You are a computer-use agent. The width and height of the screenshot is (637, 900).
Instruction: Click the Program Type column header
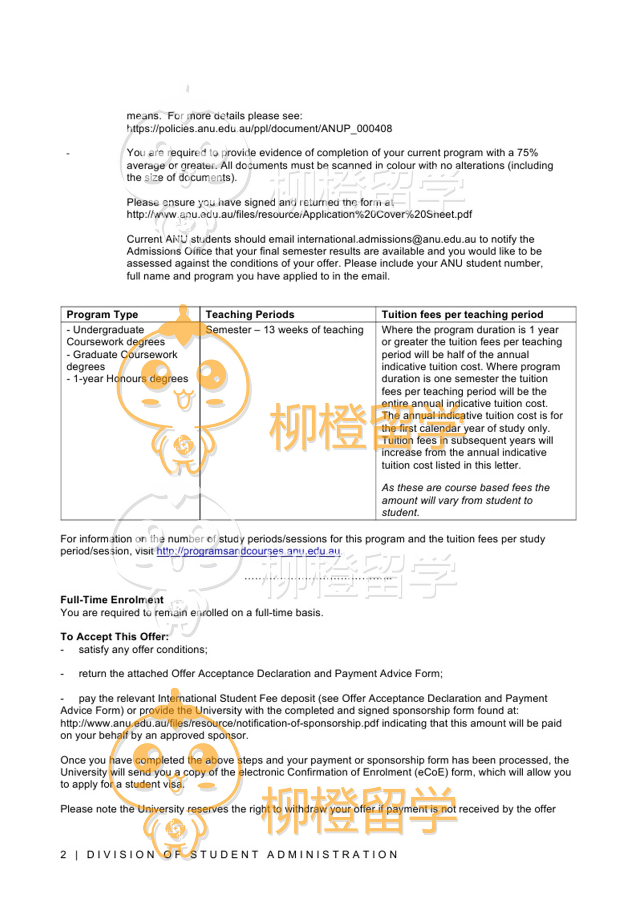tap(102, 315)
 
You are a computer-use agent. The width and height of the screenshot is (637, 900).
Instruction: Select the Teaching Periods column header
tap(250, 315)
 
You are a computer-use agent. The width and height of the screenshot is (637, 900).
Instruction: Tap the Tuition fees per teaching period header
tap(462, 315)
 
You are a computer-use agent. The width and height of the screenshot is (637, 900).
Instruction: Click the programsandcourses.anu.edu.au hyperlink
tap(248, 551)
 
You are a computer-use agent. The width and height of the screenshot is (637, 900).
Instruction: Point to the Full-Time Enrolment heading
tap(112, 600)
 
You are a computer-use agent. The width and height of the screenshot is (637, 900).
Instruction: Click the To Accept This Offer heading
tap(114, 637)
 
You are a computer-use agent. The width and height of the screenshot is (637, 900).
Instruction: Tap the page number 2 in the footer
tap(64, 855)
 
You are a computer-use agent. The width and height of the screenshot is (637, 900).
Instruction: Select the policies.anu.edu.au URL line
tap(259, 129)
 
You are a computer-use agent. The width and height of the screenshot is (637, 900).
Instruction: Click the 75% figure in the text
tap(527, 153)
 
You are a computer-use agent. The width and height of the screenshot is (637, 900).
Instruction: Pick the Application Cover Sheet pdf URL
tap(299, 215)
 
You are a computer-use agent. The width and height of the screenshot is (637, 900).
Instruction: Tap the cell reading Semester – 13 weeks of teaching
tap(284, 330)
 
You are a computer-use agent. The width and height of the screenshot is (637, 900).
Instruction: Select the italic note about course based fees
tap(465, 500)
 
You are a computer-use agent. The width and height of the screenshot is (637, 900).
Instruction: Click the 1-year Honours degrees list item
tap(127, 379)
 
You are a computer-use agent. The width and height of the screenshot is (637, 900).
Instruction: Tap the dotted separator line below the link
tap(318, 579)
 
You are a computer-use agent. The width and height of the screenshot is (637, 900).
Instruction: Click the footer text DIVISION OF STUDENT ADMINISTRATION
tap(242, 855)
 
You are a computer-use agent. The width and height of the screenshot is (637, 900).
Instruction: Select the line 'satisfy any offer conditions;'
tap(143, 650)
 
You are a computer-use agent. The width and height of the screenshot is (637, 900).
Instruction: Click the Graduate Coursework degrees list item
tap(121, 360)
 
